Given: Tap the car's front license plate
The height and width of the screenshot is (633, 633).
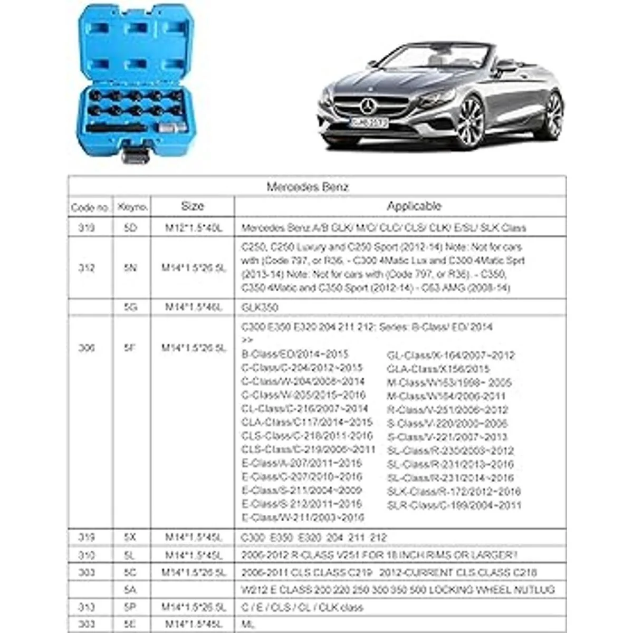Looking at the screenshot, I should pyautogui.click(x=369, y=123).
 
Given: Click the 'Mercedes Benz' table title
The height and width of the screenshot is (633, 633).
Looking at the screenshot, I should pyautogui.click(x=308, y=187).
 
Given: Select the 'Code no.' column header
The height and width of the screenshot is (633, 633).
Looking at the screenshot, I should pyautogui.click(x=90, y=207).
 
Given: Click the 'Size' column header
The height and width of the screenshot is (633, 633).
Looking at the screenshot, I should pyautogui.click(x=193, y=206).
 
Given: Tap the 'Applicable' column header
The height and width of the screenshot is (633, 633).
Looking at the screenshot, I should pyautogui.click(x=414, y=206).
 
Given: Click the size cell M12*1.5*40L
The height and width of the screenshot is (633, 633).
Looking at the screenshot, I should pyautogui.click(x=193, y=228).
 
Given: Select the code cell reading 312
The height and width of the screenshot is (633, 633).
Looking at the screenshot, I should pyautogui.click(x=87, y=268).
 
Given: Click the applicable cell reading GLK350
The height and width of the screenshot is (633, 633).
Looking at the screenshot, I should pyautogui.click(x=260, y=307).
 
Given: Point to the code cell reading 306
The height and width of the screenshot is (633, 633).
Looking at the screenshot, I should pyautogui.click(x=87, y=348).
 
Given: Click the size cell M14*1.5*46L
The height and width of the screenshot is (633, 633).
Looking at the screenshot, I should pyautogui.click(x=193, y=307).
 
